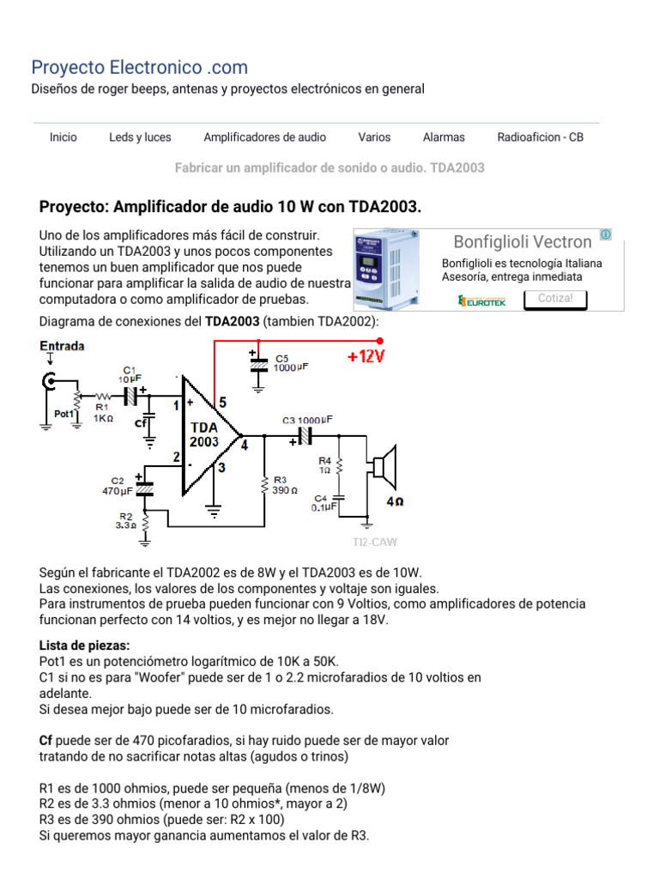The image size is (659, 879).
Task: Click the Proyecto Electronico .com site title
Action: (139, 67)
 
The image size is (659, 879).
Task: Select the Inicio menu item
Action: (63, 137)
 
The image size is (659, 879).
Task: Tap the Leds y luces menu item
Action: (140, 137)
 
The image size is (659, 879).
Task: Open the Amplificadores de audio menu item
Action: (264, 137)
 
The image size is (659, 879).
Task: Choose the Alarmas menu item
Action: (444, 137)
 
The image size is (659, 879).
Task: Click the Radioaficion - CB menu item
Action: (540, 137)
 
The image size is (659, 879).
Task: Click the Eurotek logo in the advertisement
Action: (482, 300)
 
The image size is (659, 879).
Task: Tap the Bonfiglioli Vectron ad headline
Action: (522, 242)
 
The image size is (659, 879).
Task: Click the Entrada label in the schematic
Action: (62, 346)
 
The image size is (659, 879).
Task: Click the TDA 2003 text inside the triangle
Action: (204, 434)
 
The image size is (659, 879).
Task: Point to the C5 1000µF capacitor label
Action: (291, 362)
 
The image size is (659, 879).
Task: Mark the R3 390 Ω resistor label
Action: (285, 484)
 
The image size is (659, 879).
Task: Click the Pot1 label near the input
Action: (64, 414)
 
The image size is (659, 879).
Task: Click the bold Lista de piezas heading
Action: (84, 645)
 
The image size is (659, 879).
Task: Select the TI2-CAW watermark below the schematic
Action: (375, 543)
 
